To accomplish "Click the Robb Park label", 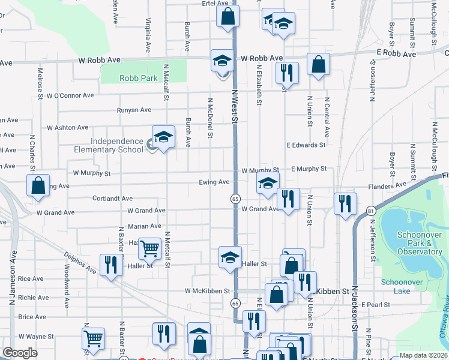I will [x=138, y=78].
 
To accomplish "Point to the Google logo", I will [x=20, y=353].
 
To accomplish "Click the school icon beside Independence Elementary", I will [x=163, y=138].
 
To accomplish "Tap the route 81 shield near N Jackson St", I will [x=371, y=210].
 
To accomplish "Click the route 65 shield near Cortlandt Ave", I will [x=235, y=198].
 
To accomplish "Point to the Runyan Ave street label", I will [x=133, y=110].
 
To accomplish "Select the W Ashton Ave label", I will [x=68, y=128].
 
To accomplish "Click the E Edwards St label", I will [x=306, y=145].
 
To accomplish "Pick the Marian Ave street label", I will [x=144, y=226].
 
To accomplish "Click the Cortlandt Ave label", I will [x=112, y=198].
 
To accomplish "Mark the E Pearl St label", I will [x=376, y=305].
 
